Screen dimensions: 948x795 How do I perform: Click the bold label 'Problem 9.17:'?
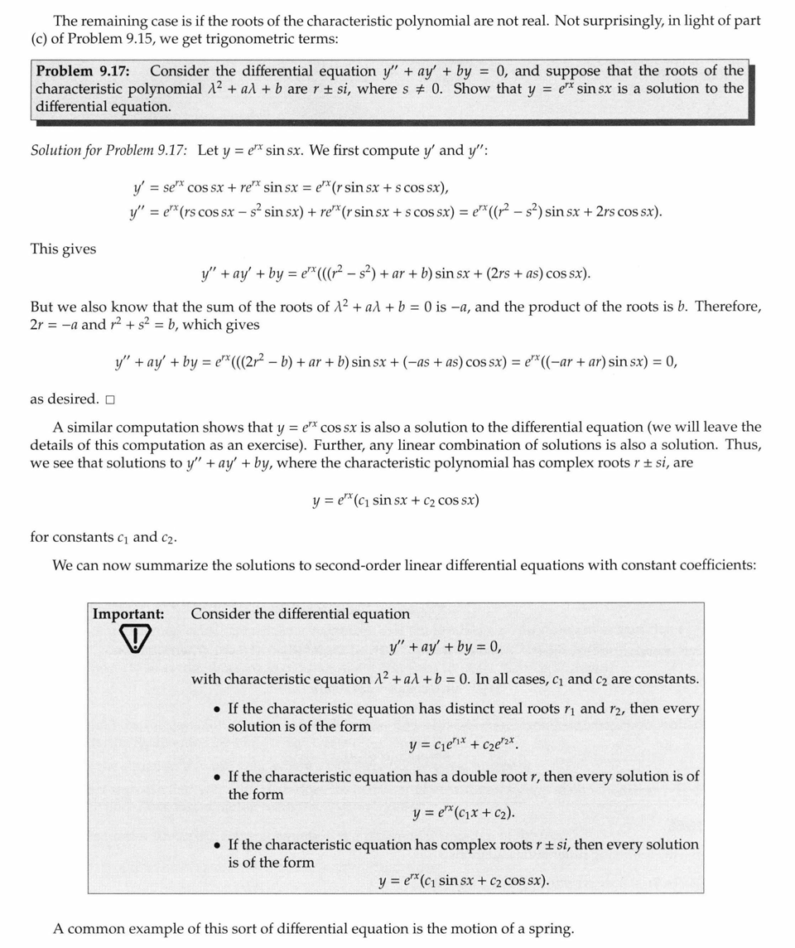tap(82, 71)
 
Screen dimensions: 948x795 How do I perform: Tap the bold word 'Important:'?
tap(128, 614)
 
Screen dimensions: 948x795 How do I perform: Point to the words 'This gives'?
tap(63, 249)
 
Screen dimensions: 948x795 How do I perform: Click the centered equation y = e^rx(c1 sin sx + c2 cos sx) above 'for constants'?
tap(396, 501)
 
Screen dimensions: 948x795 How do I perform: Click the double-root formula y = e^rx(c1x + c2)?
tap(464, 813)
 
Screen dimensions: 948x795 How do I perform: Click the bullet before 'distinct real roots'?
tap(217, 709)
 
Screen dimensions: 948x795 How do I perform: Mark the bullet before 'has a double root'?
tap(217, 777)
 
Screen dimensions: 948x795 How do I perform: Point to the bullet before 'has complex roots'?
tap(217, 845)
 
